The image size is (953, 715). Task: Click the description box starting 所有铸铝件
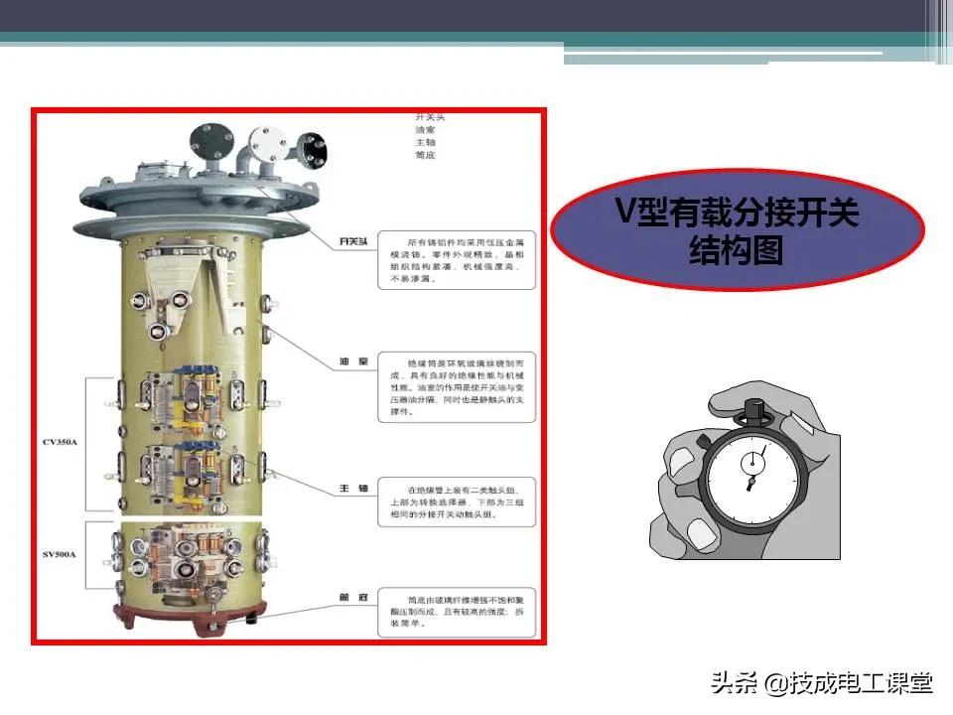pyautogui.click(x=456, y=261)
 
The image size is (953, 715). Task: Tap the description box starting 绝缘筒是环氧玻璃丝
pyautogui.click(x=456, y=386)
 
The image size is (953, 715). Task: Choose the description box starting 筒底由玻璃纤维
pyautogui.click(x=456, y=614)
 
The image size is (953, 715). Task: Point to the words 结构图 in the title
pyautogui.click(x=737, y=251)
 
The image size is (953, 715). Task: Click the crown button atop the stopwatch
pyautogui.click(x=751, y=407)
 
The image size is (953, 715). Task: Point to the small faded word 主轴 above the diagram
pyautogui.click(x=425, y=142)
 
